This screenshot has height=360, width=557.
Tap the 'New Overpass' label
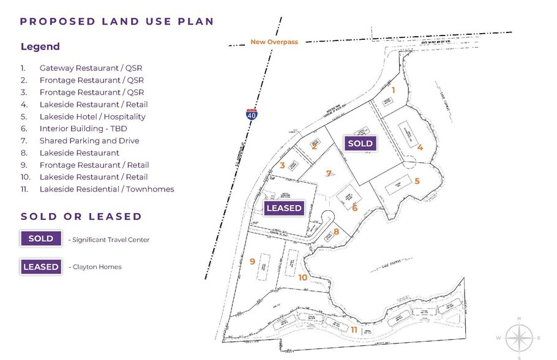(x=274, y=42)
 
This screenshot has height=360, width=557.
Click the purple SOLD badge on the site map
(x=360, y=143)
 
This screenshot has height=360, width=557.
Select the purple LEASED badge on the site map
(x=284, y=208)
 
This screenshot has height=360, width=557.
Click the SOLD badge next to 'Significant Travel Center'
(x=41, y=239)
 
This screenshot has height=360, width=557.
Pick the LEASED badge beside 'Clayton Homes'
(x=41, y=267)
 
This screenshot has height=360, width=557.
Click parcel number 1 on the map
(x=394, y=90)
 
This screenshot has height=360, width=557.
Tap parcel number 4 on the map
(x=420, y=147)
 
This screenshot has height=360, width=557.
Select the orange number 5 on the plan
(x=417, y=181)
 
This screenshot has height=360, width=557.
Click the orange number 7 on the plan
(x=329, y=174)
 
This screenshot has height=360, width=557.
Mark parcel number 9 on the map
(x=252, y=261)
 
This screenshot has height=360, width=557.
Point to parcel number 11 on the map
(x=354, y=329)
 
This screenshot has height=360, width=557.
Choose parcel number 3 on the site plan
(x=282, y=165)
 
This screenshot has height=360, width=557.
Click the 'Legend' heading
(x=40, y=47)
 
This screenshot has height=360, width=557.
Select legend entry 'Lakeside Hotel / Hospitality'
(x=92, y=116)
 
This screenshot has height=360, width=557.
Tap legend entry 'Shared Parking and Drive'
(x=89, y=141)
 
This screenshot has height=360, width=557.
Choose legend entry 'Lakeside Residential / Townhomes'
(x=107, y=189)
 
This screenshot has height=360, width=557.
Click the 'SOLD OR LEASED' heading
(x=81, y=217)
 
